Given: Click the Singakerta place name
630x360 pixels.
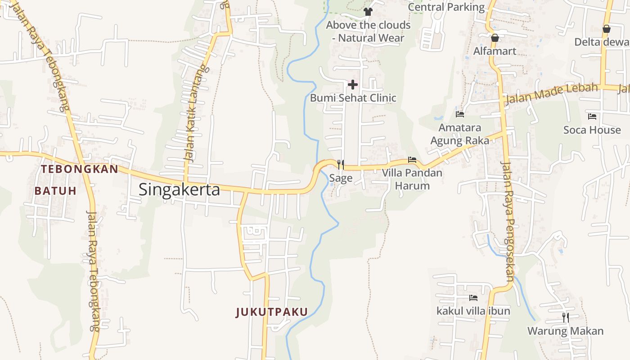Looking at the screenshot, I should (179, 189).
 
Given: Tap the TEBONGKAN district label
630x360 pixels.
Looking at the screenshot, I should (79, 169).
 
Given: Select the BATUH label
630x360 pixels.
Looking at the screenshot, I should (55, 191).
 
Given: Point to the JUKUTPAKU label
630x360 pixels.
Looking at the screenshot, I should (272, 312).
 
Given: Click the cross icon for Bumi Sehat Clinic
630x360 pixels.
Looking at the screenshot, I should (353, 84).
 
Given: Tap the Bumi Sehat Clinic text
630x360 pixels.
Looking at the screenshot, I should (353, 98).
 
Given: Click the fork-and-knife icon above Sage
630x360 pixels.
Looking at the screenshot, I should (341, 165).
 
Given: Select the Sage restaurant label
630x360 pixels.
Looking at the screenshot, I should (341, 178).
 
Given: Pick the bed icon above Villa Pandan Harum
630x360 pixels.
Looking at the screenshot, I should (412, 159).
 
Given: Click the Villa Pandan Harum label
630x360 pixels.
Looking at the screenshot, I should (412, 179).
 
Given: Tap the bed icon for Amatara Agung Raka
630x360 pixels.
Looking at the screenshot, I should (459, 114).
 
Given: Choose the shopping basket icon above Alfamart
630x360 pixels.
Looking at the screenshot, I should (495, 38).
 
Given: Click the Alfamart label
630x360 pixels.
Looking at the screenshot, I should (495, 51).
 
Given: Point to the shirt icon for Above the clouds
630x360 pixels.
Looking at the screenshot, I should (368, 12).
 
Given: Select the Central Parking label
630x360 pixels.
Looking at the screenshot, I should (446, 7).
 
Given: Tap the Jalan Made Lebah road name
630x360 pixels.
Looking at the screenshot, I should (552, 94).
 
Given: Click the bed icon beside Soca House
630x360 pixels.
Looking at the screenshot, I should (592, 117).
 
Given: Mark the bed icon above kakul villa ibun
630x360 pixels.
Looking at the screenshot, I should (473, 297).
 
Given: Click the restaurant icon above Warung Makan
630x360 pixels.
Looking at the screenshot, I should (565, 318).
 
